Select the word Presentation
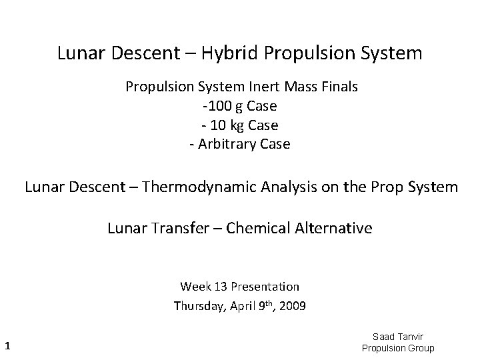coord(266,287)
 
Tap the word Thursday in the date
coord(197,306)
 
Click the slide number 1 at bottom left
coord(7,345)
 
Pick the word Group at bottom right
coord(419,348)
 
